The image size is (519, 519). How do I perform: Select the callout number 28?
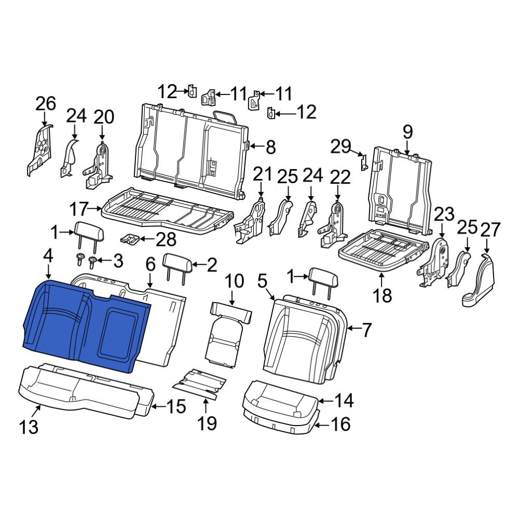pyautogui.click(x=166, y=239)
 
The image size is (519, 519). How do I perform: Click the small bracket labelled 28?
pyautogui.click(x=129, y=239)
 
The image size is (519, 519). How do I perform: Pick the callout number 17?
pyautogui.click(x=78, y=209)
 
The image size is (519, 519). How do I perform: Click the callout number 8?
pyautogui.click(x=271, y=147)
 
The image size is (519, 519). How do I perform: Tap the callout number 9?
pyautogui.click(x=407, y=132)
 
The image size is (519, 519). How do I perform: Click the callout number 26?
pyautogui.click(x=46, y=104)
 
